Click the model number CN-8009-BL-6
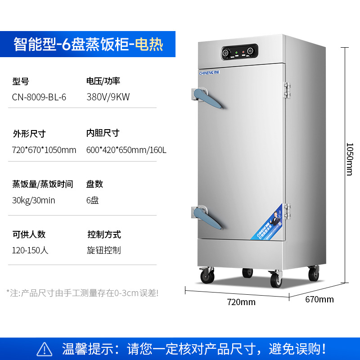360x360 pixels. (x=39, y=97)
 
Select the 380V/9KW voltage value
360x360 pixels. (x=108, y=97)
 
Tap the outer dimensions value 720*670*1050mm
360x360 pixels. (x=44, y=150)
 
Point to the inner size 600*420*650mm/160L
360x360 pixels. (x=126, y=150)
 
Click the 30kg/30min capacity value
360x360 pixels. (x=33, y=200)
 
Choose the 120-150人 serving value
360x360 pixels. (x=30, y=250)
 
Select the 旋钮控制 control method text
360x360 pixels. (x=104, y=250)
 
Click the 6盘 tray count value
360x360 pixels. (x=92, y=200)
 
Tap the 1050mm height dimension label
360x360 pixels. (x=350, y=159)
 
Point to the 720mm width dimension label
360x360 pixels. (x=242, y=302)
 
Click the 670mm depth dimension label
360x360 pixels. (x=319, y=299)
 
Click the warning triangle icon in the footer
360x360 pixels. (x=44, y=349)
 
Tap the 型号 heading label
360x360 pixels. (x=21, y=81)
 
